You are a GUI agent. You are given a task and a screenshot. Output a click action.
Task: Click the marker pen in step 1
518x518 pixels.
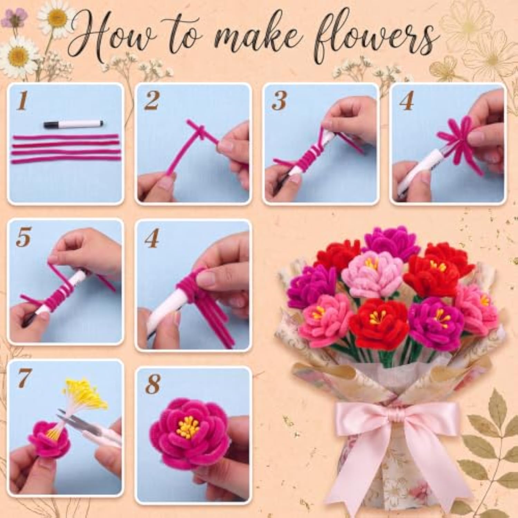coord(74,124)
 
